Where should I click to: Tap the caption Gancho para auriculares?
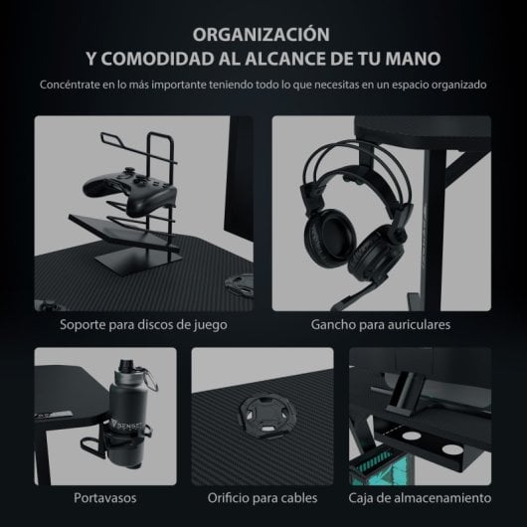382,324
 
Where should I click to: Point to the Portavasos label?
104,497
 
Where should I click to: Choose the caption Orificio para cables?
263,497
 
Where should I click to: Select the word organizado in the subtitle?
457,85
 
